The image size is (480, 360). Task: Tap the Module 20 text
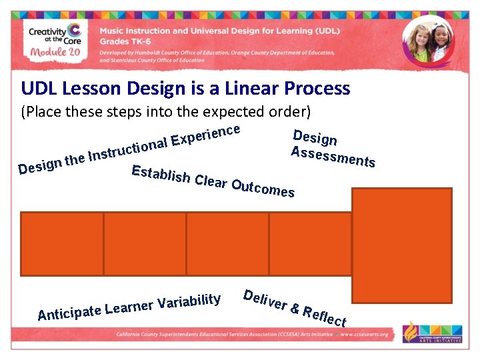(53, 54)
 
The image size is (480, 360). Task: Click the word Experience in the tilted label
(205, 131)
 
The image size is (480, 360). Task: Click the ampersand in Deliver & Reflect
(293, 307)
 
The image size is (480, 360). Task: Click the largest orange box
(401, 245)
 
